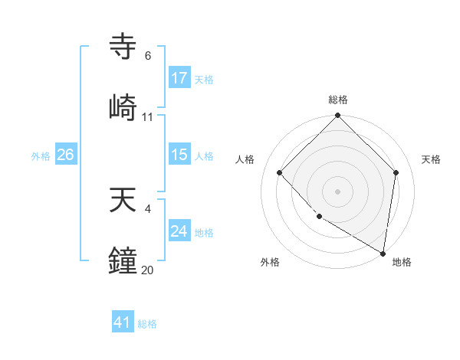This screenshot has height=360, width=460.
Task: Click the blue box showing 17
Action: coord(179,78)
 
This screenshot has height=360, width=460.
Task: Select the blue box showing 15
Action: coord(179,155)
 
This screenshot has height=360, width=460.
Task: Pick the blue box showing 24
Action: coord(179,231)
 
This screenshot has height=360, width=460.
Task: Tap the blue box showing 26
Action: coord(65,155)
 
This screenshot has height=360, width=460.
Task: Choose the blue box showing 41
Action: coord(123,323)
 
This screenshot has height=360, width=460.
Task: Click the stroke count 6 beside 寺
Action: coord(148,56)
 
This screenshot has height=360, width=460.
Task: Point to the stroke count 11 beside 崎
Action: coord(148,117)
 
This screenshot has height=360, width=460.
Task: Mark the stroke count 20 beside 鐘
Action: coord(148,270)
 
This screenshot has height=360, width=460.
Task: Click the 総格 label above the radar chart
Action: coord(338,100)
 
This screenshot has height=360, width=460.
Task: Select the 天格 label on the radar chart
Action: coord(432,159)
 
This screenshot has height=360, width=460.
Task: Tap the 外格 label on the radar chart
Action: coord(270,263)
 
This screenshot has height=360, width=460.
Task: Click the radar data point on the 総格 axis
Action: coord(338,116)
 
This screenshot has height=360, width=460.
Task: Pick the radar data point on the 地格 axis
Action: coord(383,253)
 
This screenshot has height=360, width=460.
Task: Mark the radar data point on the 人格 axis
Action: coord(280,172)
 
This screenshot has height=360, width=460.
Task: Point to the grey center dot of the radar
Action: coord(338,191)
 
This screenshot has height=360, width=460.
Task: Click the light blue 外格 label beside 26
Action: coord(41,155)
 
